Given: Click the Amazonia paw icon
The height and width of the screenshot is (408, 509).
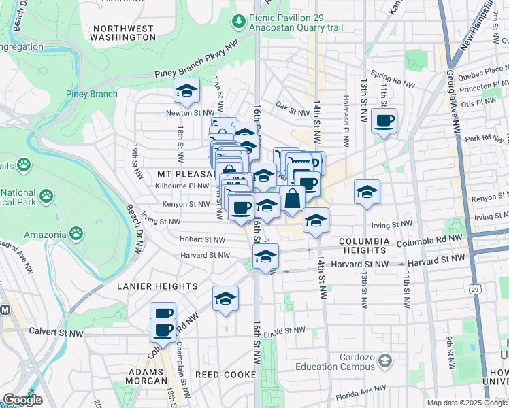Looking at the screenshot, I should pos(77,233).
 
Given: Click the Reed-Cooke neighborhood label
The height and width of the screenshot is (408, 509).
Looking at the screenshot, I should pos(224,375).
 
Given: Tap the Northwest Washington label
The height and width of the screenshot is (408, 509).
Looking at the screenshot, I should pos(123,33).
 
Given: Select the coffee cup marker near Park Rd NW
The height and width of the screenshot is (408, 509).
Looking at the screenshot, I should pos(384,120).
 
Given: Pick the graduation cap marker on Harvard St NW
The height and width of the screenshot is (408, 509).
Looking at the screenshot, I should pos(265,256).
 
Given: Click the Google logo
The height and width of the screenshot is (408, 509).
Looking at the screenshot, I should pos(22,400).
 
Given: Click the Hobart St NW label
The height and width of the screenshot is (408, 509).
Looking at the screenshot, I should pos(202,239).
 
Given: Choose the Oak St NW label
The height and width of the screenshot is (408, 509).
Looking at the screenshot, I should pos(293,105).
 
